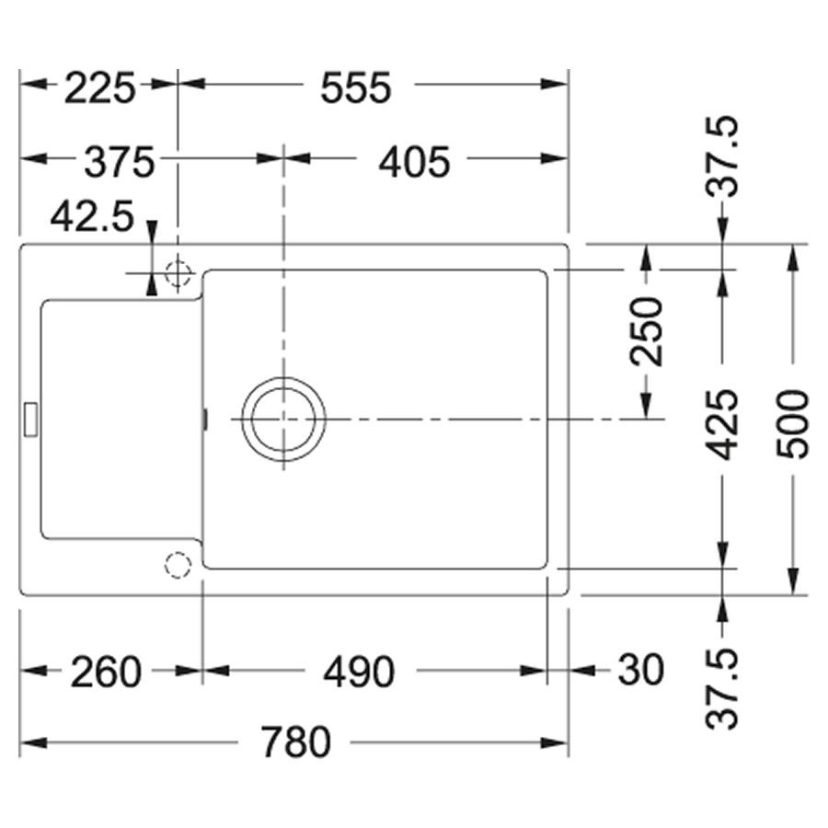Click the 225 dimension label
pyautogui.click(x=100, y=87)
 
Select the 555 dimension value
pyautogui.click(x=356, y=87)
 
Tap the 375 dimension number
pyautogui.click(x=120, y=162)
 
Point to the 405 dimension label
pyautogui.click(x=415, y=162)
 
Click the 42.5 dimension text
pyautogui.click(x=92, y=216)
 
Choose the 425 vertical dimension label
pyautogui.click(x=722, y=424)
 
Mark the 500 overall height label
pyautogui.click(x=793, y=424)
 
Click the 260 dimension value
pyautogui.click(x=106, y=672)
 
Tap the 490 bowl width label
pyautogui.click(x=359, y=672)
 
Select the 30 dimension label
pyautogui.click(x=640, y=670)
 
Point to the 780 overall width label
pyautogui.click(x=295, y=742)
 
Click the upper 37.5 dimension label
pyautogui.click(x=722, y=156)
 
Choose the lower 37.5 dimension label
pyautogui.click(x=722, y=689)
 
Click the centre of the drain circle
pyautogui.click(x=283, y=420)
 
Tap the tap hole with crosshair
pyautogui.click(x=178, y=273)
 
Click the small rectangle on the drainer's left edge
pyautogui.click(x=30, y=420)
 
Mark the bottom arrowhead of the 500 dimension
pyautogui.click(x=793, y=581)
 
